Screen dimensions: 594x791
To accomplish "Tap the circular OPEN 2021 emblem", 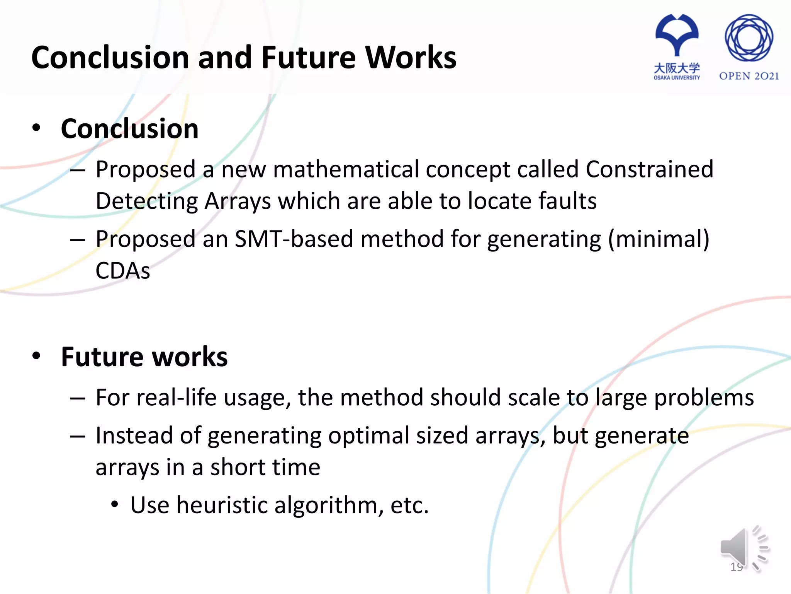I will [x=749, y=38].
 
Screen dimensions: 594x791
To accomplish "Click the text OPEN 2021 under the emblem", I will [x=749, y=76].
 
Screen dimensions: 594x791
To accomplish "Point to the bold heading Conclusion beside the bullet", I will [x=130, y=128].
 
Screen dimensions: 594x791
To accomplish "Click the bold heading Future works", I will [x=144, y=357].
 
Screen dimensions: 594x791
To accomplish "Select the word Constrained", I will [x=649, y=169].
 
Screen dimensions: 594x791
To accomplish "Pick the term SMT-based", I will [x=294, y=239].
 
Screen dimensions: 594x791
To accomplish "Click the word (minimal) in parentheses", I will [x=659, y=239].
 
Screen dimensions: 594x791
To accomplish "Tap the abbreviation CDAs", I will [x=123, y=271].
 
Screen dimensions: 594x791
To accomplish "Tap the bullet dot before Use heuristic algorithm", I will [x=114, y=504].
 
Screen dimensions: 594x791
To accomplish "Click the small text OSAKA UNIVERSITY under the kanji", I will [x=677, y=78].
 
